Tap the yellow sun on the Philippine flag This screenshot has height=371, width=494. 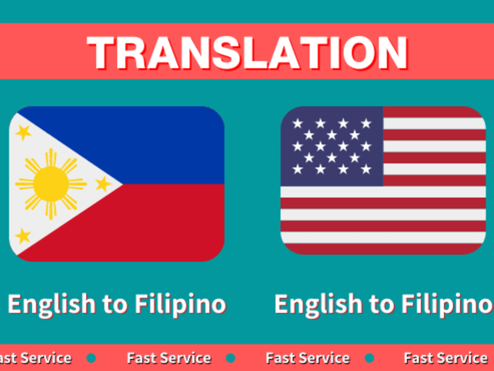(50, 184)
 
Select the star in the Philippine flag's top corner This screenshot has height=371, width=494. (23, 132)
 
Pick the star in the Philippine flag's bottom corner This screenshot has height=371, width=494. (23, 236)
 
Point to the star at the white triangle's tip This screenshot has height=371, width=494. (103, 184)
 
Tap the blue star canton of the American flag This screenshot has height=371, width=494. (331, 146)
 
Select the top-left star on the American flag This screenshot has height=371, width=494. (297, 124)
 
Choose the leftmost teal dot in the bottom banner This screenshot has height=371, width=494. (91, 358)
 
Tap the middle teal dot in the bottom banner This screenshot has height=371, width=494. (231, 358)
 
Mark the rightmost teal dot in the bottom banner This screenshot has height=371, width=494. (370, 358)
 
